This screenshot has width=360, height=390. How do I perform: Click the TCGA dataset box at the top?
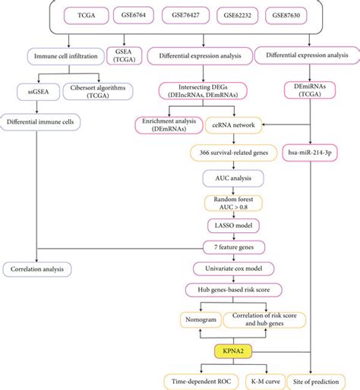(x=74, y=14)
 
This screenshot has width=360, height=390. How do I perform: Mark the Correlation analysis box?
(x=36, y=268)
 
